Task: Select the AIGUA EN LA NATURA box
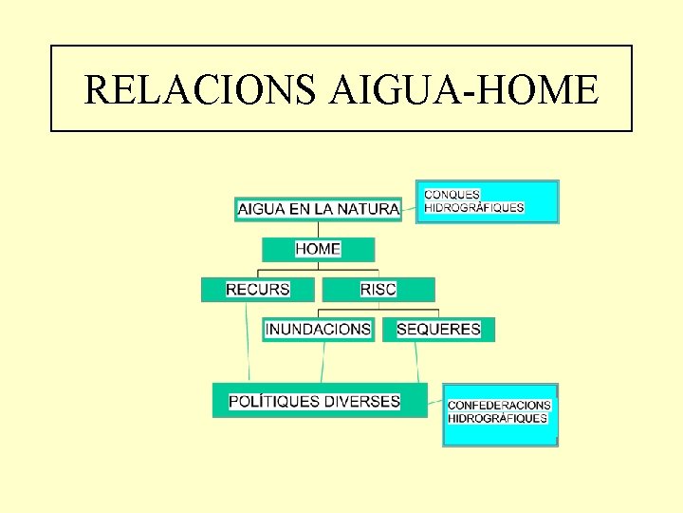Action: click(318, 209)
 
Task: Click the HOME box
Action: click(318, 249)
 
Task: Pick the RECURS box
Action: click(257, 289)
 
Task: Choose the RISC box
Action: click(378, 289)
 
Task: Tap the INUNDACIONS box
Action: click(319, 330)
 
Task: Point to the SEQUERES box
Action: click(438, 330)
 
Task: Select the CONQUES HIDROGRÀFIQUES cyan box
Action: click(488, 201)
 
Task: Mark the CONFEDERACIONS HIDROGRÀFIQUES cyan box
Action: click(500, 414)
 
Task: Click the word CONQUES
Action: click(452, 195)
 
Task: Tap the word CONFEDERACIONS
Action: click(499, 406)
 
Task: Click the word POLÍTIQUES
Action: click(274, 401)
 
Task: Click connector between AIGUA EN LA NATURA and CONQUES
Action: click(409, 203)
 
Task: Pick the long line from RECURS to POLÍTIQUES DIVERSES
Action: click(248, 342)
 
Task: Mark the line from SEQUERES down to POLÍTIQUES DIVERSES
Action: click(416, 362)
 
